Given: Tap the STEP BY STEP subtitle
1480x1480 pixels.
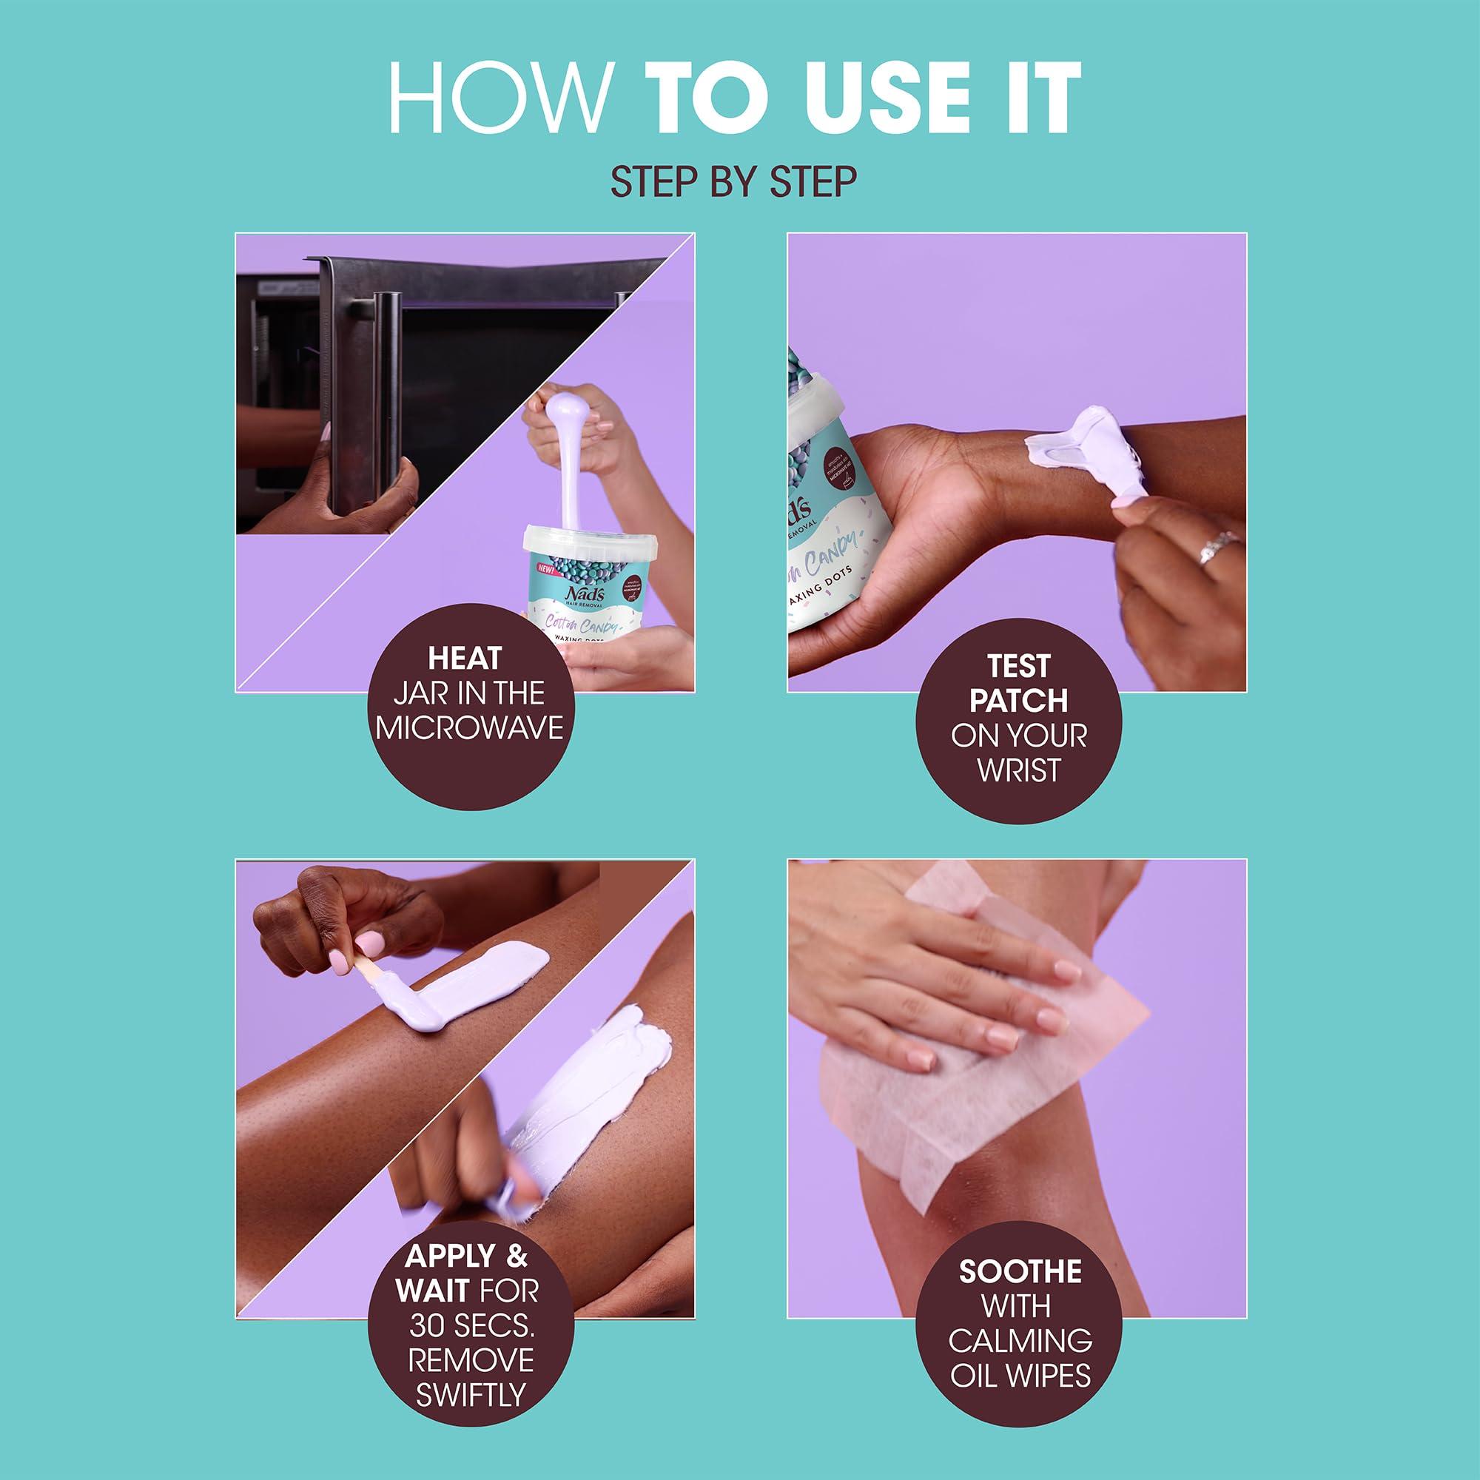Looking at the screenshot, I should click(733, 181).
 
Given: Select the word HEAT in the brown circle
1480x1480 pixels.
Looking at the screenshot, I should click(465, 659).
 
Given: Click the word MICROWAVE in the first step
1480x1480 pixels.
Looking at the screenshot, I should click(470, 727).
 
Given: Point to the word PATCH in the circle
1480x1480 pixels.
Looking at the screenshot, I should click(1018, 700).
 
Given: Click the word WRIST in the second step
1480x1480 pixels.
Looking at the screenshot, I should click(1018, 770).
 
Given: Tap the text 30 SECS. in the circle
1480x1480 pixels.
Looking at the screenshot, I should click(469, 1326).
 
